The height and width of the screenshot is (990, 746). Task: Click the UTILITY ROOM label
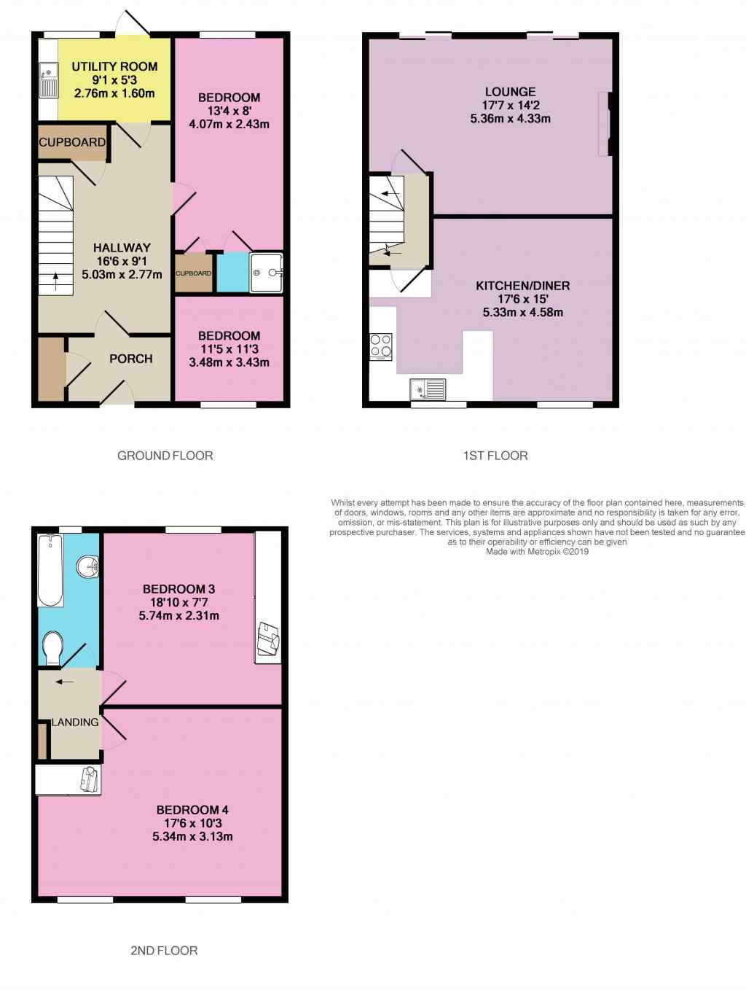click(114, 67)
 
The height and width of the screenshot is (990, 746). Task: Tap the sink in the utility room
click(48, 80)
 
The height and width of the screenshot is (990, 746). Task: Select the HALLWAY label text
click(122, 248)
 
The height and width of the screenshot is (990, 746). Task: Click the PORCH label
click(130, 359)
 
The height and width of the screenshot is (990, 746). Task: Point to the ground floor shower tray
click(266, 273)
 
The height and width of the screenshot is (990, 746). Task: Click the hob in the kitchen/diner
click(381, 346)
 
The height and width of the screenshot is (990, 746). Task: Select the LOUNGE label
click(510, 92)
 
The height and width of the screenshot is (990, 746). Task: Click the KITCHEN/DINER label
click(523, 286)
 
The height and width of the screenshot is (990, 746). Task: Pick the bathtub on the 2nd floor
click(50, 570)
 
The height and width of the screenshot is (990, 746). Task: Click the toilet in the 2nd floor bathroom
click(52, 647)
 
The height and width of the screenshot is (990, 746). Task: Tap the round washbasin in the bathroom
click(88, 566)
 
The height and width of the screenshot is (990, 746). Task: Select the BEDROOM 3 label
click(179, 589)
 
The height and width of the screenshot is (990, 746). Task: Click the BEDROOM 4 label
click(192, 810)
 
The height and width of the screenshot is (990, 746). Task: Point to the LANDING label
click(75, 722)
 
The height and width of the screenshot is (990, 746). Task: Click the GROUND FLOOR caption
click(165, 456)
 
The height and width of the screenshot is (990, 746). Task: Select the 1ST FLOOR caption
click(495, 456)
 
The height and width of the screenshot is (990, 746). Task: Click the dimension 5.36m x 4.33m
click(510, 119)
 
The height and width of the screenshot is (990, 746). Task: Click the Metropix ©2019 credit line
click(538, 552)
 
